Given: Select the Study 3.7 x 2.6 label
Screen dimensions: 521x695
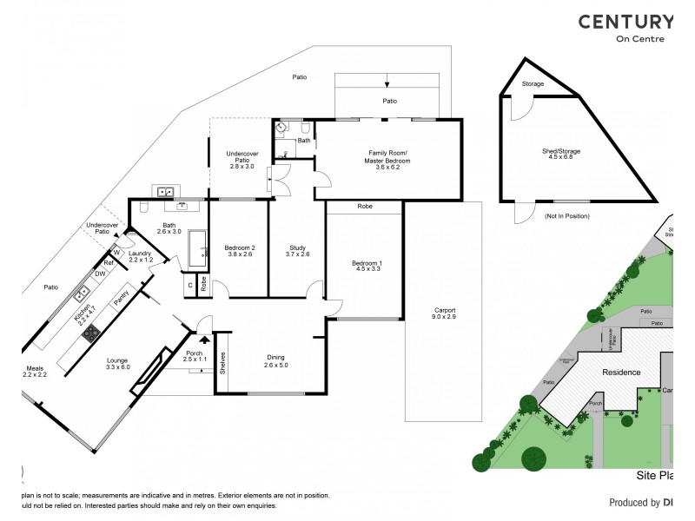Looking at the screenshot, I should point(298,252).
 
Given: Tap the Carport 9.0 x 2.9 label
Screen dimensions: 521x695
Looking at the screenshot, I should point(444,313).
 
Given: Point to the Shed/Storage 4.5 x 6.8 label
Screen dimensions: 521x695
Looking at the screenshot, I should point(560,155).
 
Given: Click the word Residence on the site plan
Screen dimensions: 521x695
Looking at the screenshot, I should point(621,372).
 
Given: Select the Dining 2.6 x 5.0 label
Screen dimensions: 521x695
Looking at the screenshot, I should point(275,361).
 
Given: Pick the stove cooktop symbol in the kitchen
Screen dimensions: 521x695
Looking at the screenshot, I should point(89,332).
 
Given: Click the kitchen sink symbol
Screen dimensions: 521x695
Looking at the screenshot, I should point(83,292).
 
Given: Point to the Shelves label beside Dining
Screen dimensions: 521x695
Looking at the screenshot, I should point(223,362).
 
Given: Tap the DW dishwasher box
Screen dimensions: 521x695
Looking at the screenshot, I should point(100,274).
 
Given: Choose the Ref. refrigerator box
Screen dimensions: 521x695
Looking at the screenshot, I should point(110,262).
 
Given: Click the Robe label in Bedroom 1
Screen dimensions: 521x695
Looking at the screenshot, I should point(364,208).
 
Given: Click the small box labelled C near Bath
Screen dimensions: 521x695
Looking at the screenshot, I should point(189,283).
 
